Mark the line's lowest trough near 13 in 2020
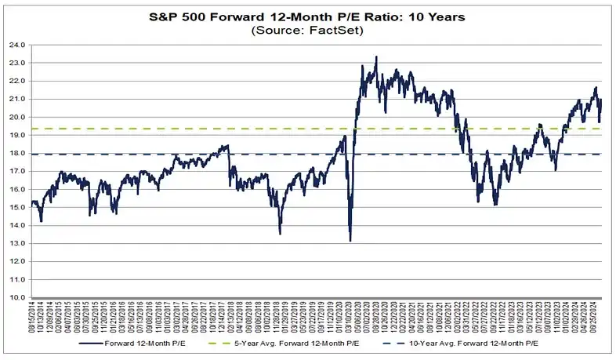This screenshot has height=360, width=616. pos(350,241)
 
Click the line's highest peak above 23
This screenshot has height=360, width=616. pos(377,56)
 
